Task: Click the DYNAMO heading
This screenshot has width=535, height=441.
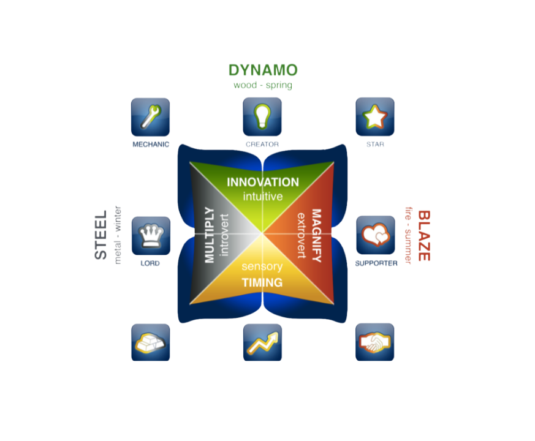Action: pyautogui.click(x=262, y=70)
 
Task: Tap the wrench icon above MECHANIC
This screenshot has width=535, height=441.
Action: pyautogui.click(x=150, y=116)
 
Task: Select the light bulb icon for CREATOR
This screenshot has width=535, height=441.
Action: pyautogui.click(x=262, y=116)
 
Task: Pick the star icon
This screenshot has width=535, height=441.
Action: pyautogui.click(x=375, y=116)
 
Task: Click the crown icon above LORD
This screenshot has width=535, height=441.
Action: pyautogui.click(x=150, y=235)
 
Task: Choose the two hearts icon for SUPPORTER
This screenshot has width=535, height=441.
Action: pyautogui.click(x=375, y=235)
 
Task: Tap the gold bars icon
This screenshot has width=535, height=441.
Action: pyautogui.click(x=150, y=342)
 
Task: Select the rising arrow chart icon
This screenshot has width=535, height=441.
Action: pyautogui.click(x=262, y=342)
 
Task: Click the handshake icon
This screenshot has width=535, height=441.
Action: pyautogui.click(x=375, y=342)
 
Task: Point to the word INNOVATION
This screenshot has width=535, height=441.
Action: pyautogui.click(x=262, y=183)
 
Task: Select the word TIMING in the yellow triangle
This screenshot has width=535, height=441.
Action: pyautogui.click(x=262, y=282)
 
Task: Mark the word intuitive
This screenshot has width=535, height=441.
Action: pyautogui.click(x=262, y=197)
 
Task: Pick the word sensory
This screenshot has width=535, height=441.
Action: pyautogui.click(x=262, y=267)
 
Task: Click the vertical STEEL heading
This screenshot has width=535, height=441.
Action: pyautogui.click(x=101, y=235)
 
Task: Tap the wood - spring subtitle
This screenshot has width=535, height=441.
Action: pyautogui.click(x=262, y=85)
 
